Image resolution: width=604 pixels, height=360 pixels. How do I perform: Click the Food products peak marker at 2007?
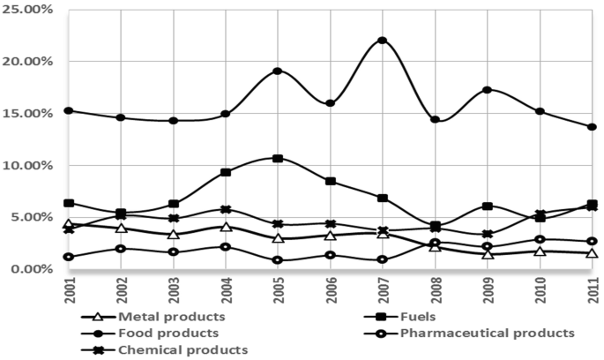pyautogui.click(x=383, y=41)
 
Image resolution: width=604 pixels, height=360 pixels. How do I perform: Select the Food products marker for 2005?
pyautogui.click(x=278, y=71)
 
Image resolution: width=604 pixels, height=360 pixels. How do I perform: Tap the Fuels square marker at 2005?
pyautogui.click(x=278, y=158)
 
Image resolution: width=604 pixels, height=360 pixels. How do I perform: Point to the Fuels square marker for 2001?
pyautogui.click(x=69, y=203)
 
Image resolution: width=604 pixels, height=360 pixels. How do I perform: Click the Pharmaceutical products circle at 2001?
pyautogui.click(x=69, y=257)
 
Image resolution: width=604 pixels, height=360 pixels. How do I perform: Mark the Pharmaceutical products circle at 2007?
pyautogui.click(x=383, y=259)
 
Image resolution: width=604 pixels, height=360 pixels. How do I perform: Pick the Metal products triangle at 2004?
pyautogui.click(x=226, y=227)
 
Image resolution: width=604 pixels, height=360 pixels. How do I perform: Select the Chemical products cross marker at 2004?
pyautogui.click(x=226, y=209)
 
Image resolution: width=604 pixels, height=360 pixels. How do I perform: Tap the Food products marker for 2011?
pyautogui.click(x=592, y=127)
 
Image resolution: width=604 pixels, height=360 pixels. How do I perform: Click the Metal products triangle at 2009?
pyautogui.click(x=487, y=254)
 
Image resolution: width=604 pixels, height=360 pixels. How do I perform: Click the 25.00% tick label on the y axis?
pyautogui.click(x=28, y=10)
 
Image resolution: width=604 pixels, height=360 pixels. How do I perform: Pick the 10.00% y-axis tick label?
pyautogui.click(x=28, y=165)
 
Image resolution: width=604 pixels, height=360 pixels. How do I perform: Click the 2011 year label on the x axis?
pyautogui.click(x=592, y=288)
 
